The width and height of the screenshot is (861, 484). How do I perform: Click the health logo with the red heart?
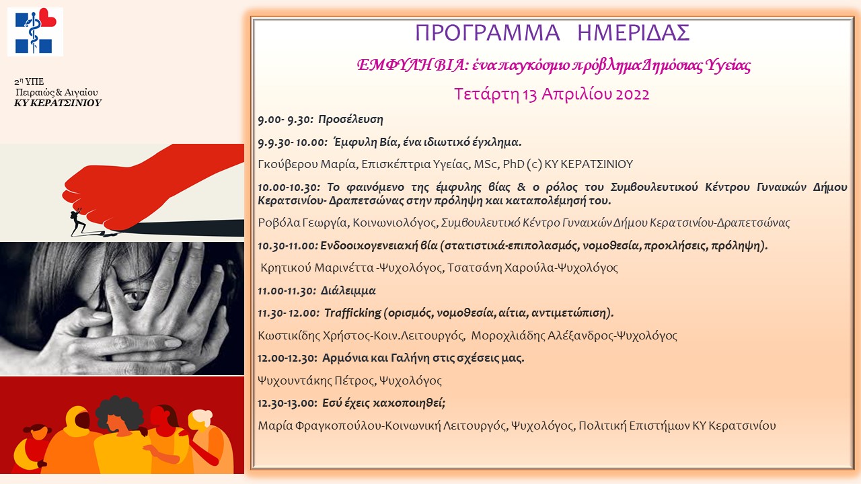click(x=35, y=31)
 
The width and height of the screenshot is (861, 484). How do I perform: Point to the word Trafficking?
click(x=352, y=313)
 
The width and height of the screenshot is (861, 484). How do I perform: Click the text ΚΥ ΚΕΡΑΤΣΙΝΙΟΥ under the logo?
click(x=58, y=103)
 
